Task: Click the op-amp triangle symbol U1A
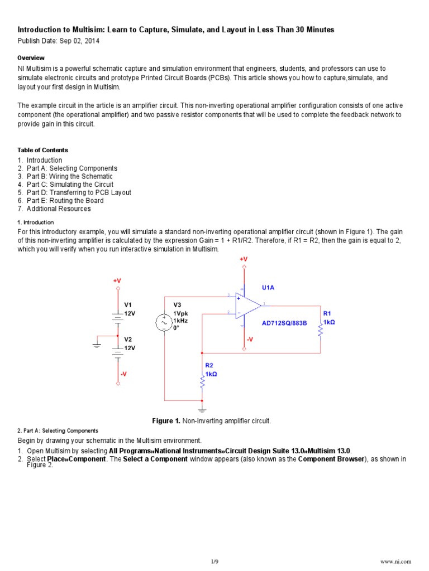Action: [x=247, y=305]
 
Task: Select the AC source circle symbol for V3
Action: [x=165, y=322]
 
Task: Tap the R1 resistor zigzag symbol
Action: [x=320, y=330]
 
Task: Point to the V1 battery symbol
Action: [x=117, y=317]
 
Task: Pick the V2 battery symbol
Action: [x=117, y=351]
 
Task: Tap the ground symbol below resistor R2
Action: [x=202, y=410]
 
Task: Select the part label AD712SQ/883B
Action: [x=284, y=323]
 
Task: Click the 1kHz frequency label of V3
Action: [x=181, y=321]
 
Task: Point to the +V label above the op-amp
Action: [x=244, y=259]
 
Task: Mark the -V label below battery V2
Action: [x=123, y=374]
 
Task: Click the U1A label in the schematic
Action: [x=269, y=288]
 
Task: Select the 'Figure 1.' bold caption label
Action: [x=166, y=421]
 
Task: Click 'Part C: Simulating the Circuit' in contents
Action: [x=70, y=185]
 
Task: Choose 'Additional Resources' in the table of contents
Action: [x=59, y=209]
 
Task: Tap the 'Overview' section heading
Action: [x=31, y=58]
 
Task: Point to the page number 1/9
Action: [x=214, y=561]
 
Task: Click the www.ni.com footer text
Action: [x=395, y=561]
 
